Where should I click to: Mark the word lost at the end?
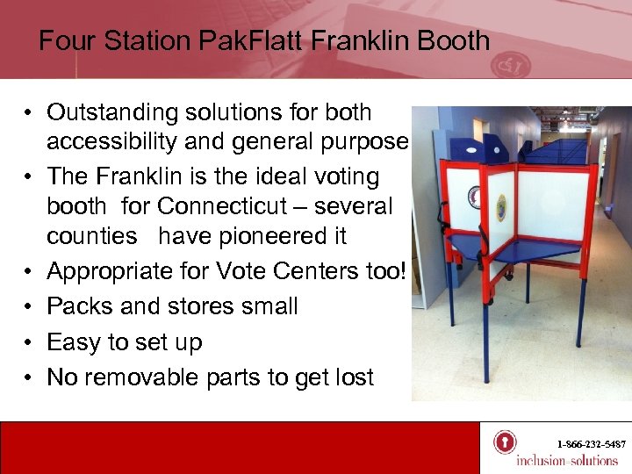tap(351, 377)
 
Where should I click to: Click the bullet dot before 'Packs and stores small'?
tap(30, 307)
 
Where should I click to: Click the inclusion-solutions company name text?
tap(566, 460)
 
